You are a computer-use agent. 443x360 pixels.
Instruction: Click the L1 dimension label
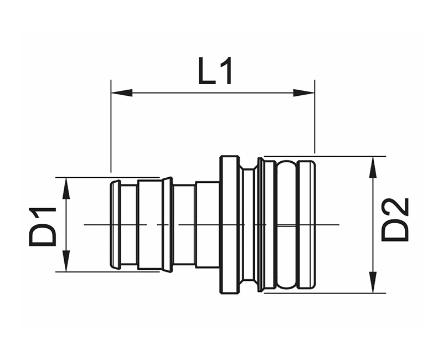(x=215, y=71)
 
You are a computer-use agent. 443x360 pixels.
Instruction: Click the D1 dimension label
(x=43, y=227)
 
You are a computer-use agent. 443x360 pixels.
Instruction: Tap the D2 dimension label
(x=395, y=219)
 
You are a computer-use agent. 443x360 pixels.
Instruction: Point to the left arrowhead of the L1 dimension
(x=122, y=92)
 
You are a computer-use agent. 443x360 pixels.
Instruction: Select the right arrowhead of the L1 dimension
(x=303, y=92)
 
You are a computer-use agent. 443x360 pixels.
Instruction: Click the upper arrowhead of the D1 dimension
(x=66, y=188)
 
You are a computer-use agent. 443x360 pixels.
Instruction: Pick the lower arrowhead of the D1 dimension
(x=66, y=261)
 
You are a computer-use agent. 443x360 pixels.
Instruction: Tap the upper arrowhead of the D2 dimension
(x=373, y=167)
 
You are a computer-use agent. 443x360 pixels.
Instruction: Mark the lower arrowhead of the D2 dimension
(x=373, y=282)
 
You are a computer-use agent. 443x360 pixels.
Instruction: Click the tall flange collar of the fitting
(x=229, y=225)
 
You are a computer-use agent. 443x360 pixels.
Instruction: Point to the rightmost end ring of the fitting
(x=307, y=225)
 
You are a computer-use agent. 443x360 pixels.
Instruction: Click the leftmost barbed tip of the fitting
(x=115, y=225)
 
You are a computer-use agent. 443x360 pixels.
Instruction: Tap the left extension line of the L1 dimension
(x=111, y=126)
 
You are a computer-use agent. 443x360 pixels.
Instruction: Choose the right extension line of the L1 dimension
(x=315, y=116)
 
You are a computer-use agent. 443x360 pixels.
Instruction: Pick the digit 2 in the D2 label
(x=395, y=209)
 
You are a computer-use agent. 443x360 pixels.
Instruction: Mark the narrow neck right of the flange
(x=249, y=225)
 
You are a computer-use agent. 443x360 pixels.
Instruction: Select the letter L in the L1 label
(x=207, y=71)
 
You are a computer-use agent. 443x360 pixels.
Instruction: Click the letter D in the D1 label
(x=43, y=235)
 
